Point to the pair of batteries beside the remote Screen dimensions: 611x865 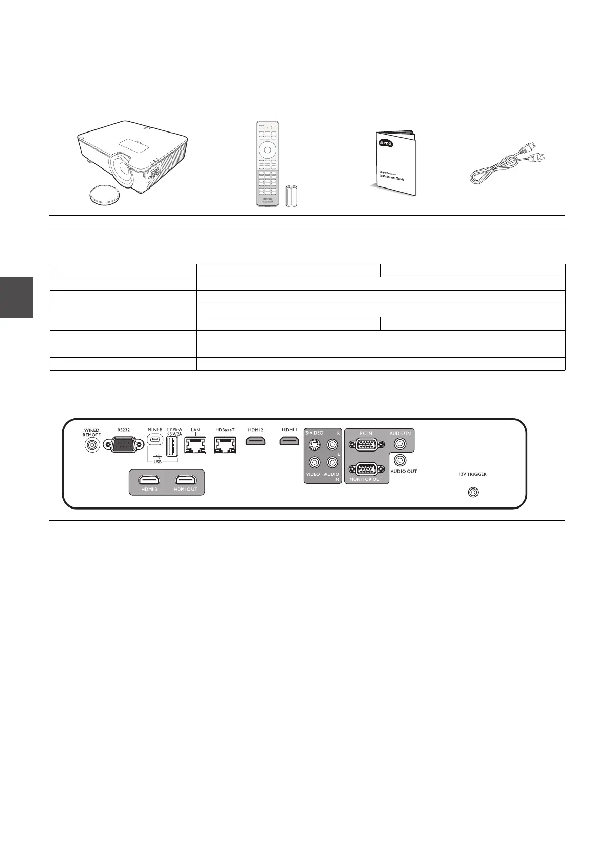(291, 196)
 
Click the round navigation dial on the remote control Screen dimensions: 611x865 (268, 150)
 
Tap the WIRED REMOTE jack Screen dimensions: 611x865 (92, 445)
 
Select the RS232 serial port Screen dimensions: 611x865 (124, 444)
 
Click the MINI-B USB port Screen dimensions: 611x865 (155, 440)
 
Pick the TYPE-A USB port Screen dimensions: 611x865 (172, 446)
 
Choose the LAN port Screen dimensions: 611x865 (195, 445)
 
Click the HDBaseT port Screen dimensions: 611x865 (225, 445)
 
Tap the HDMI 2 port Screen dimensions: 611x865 (256, 441)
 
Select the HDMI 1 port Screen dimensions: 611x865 (290, 441)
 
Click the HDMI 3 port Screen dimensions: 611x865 (149, 480)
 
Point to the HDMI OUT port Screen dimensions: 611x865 (185, 480)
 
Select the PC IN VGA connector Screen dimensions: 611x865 (366, 445)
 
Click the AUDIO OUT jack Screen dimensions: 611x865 (400, 460)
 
